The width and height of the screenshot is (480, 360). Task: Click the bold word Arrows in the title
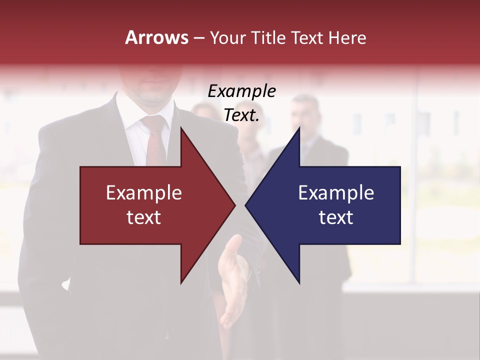click(156, 37)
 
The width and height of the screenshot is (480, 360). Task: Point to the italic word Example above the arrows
click(241, 91)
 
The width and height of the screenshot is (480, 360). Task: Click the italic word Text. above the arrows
click(241, 115)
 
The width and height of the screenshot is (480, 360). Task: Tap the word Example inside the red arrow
click(144, 193)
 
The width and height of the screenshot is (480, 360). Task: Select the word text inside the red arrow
click(144, 217)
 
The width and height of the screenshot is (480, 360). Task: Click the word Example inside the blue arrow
click(336, 193)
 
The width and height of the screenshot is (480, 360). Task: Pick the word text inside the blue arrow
click(336, 217)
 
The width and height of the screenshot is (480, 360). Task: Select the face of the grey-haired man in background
click(305, 112)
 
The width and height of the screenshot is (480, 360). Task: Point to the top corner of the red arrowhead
click(181, 128)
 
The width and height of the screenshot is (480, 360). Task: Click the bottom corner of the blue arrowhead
click(299, 283)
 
